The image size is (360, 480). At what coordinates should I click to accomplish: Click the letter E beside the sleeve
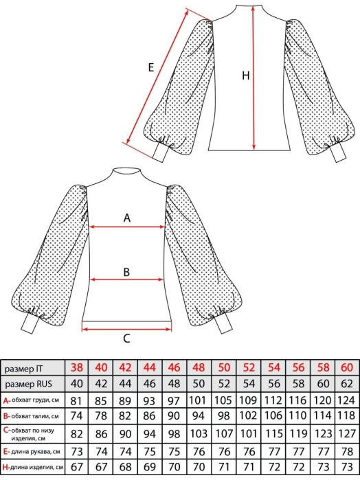pos(150,67)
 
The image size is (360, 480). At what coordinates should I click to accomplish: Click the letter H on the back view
pos(246,76)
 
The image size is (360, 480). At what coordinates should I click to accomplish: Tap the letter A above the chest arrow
pos(127,218)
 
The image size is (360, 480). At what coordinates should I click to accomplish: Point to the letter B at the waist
pos(126,272)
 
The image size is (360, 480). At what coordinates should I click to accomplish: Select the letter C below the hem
pos(126,339)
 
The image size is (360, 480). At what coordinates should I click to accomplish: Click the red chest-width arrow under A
pos(127,227)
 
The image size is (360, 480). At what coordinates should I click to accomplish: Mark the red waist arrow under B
pos(126,279)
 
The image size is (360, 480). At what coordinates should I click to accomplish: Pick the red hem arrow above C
pos(126,329)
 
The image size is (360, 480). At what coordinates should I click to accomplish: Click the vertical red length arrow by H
pos(254,78)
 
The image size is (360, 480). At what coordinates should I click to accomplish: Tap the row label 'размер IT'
pos(24,369)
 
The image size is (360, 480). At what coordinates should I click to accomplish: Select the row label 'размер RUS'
pos(28,384)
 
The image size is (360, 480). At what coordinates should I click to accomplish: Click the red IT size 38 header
pos(76,367)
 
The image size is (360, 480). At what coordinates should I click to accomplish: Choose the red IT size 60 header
pos(347,367)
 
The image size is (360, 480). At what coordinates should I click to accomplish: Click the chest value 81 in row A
pos(76,401)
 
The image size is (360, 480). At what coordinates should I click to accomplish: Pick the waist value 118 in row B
pos(347,415)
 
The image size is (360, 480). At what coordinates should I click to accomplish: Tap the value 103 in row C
pos(199,434)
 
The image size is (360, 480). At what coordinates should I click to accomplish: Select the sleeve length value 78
pos(347,452)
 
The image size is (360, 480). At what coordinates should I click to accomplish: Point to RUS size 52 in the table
pos(224,384)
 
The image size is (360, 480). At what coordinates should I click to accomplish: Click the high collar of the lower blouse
pos(126,172)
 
